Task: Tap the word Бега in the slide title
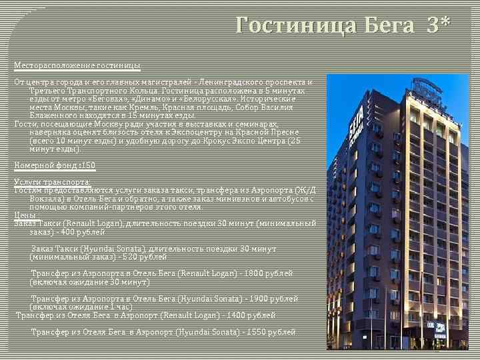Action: pyautogui.click(x=390, y=25)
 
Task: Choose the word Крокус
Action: pyautogui.click(x=231, y=141)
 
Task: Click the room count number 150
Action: pyautogui.click(x=87, y=165)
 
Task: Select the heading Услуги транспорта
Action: pyautogui.click(x=52, y=182)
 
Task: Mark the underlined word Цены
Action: pyautogui.click(x=25, y=215)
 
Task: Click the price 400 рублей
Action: pyautogui.click(x=83, y=233)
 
